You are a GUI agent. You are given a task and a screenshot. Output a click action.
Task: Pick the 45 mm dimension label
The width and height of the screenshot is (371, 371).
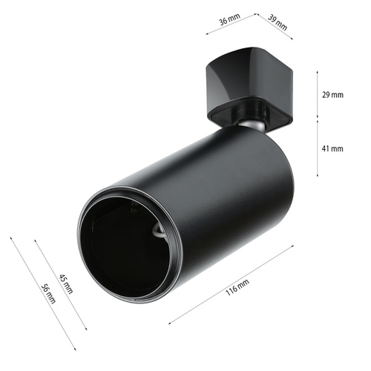click(x=65, y=284)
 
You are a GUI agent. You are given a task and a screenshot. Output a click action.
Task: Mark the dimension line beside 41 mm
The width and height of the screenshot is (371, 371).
click(x=319, y=148)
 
